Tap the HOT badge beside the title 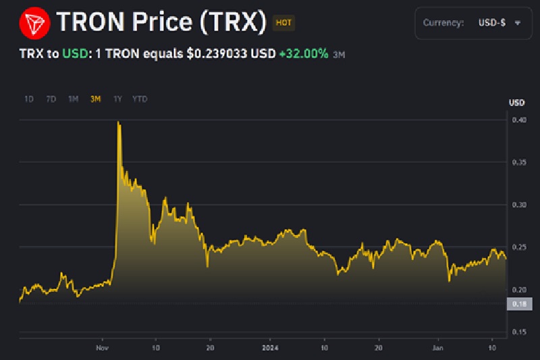pos(284,23)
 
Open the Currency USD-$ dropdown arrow pos(518,22)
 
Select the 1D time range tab pos(29,99)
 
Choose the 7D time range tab pos(51,99)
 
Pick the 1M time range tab pos(73,99)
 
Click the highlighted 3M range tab pos(95,99)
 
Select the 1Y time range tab pos(117,99)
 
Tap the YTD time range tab pos(140,99)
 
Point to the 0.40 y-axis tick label pos(518,120)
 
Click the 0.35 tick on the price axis pos(518,163)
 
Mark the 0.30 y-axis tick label pos(518,205)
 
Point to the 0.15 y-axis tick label pos(518,332)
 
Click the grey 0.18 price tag pos(518,305)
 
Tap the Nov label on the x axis pos(103,348)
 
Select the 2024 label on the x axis pos(269,348)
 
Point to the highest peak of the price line pos(119,122)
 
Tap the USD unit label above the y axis pos(516,103)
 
